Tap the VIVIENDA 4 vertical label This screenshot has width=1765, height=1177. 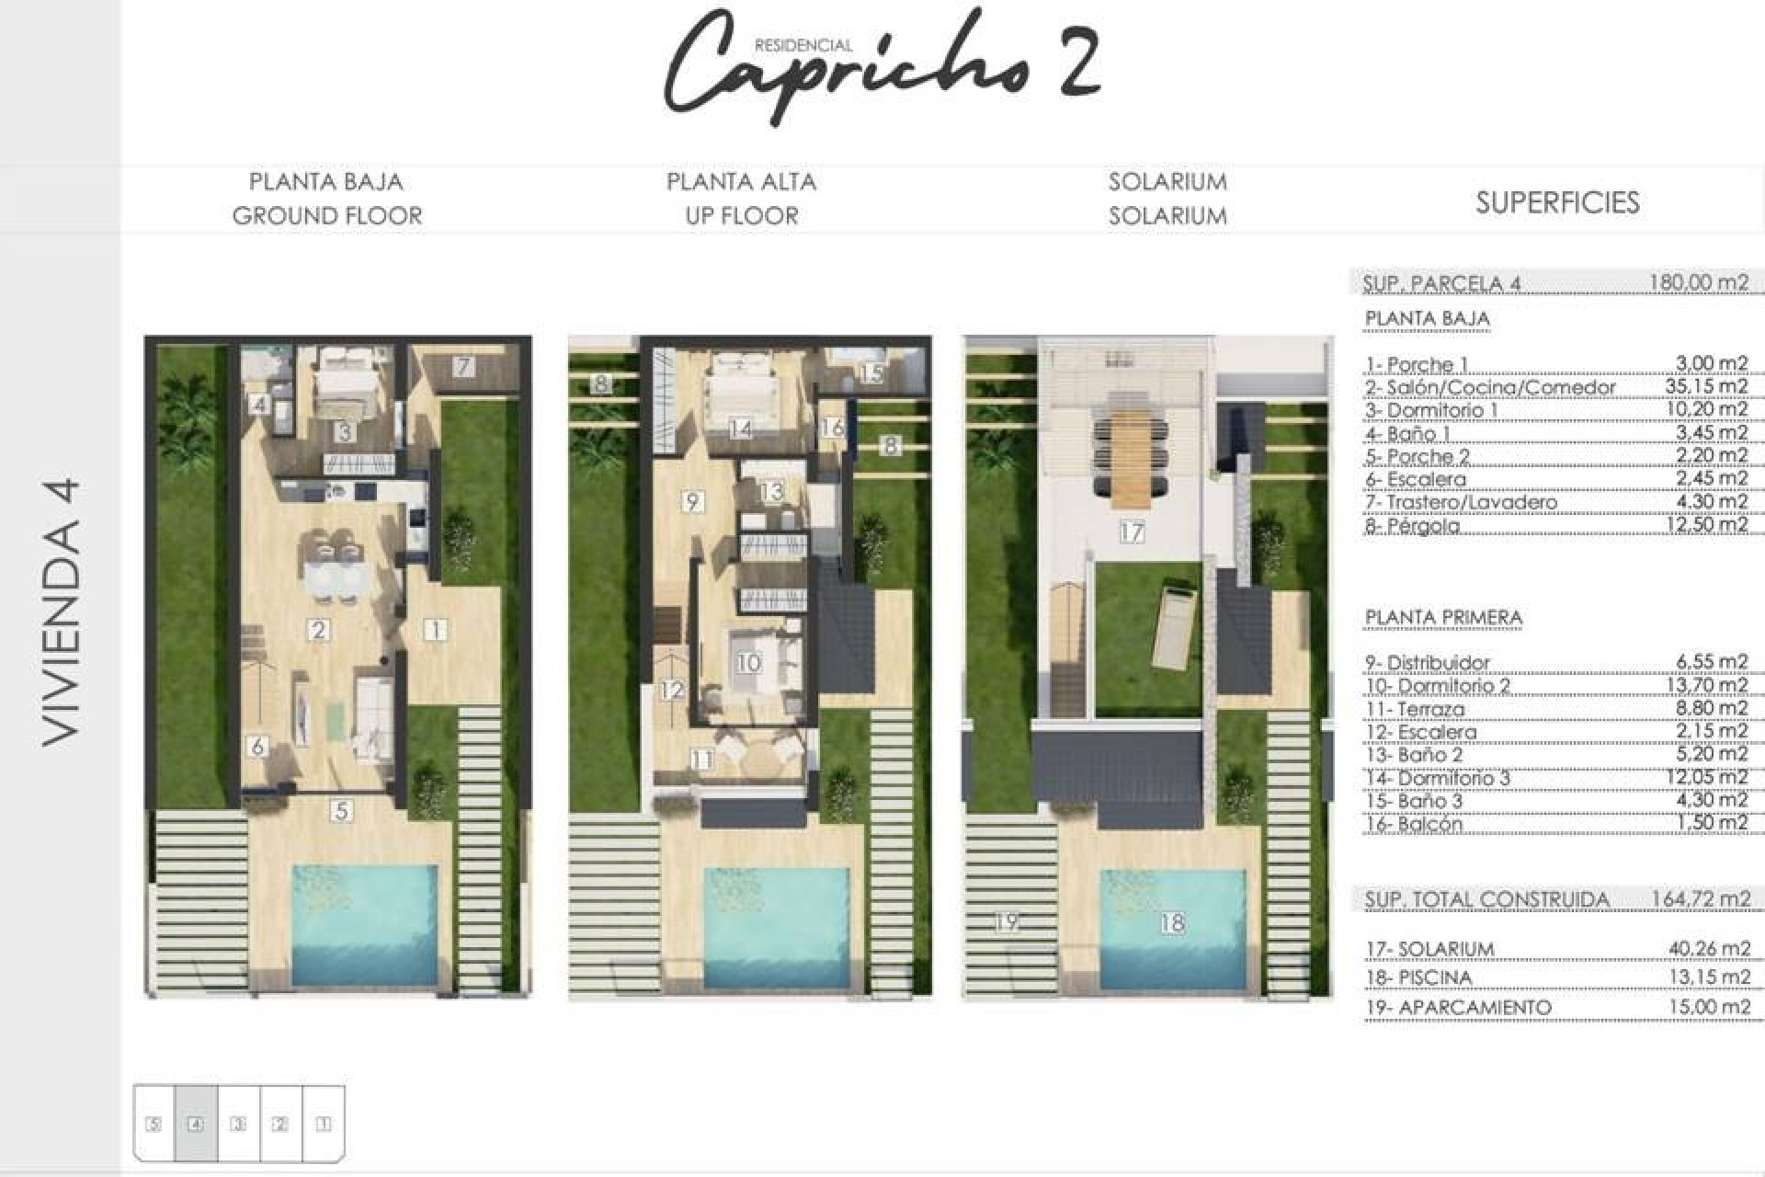pyautogui.click(x=63, y=611)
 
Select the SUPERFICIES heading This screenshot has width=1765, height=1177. pyautogui.click(x=1557, y=202)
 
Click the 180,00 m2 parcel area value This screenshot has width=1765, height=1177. pyautogui.click(x=1699, y=282)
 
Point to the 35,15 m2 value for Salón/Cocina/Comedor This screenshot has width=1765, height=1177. pyautogui.click(x=1706, y=386)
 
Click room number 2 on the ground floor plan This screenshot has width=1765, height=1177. pyautogui.click(x=319, y=630)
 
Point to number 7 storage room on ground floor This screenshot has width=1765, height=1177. pyautogui.click(x=463, y=367)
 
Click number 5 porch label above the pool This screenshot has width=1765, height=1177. pyautogui.click(x=342, y=811)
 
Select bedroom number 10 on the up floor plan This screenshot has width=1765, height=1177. pyautogui.click(x=748, y=662)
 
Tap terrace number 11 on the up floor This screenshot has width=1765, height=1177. pyautogui.click(x=701, y=760)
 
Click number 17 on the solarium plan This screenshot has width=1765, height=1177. pyautogui.click(x=1132, y=531)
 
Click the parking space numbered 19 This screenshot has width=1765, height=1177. pyautogui.click(x=1008, y=920)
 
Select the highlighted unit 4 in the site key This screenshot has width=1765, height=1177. pyautogui.click(x=196, y=1123)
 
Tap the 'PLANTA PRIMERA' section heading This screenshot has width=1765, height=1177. pyautogui.click(x=1443, y=617)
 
